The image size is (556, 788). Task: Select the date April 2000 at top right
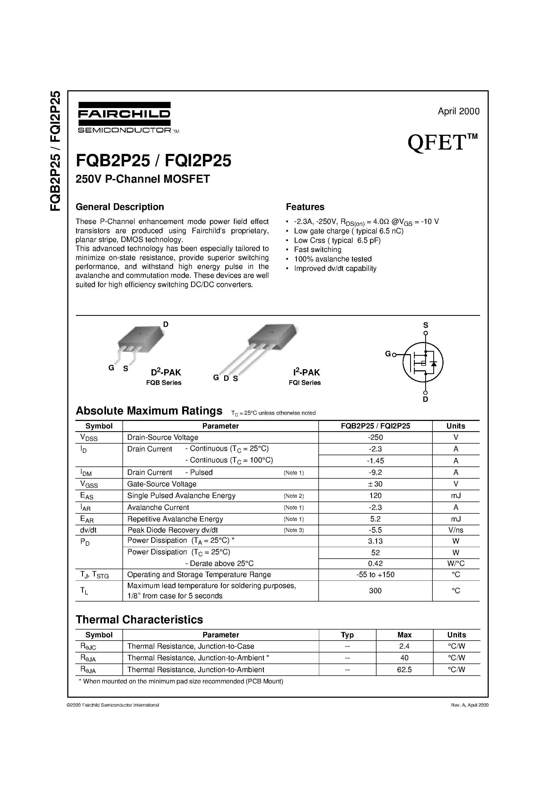tap(458, 111)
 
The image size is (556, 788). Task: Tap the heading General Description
tap(120, 207)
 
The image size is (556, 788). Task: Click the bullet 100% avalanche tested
tap(333, 259)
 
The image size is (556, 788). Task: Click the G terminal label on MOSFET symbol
tap(388, 354)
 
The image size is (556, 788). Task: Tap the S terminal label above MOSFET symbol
tap(425, 325)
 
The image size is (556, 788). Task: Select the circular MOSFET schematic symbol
tap(423, 362)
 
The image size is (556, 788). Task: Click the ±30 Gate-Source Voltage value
tap(375, 484)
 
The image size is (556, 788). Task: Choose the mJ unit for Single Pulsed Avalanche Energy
tap(456, 496)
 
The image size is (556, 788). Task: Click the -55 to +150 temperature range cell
tap(375, 575)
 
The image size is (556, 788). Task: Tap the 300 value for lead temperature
tap(375, 591)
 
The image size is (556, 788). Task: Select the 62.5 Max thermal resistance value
tap(404, 670)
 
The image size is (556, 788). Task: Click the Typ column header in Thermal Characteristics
tap(347, 635)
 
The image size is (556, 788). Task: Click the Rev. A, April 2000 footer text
tap(469, 705)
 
